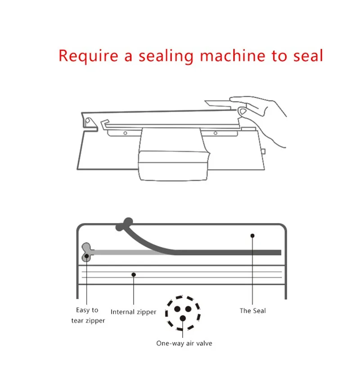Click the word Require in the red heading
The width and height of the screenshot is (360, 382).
tap(88, 56)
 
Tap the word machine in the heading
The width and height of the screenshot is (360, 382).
tap(232, 55)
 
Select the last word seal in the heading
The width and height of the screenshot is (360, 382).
tap(308, 55)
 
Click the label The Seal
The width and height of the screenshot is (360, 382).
tap(252, 310)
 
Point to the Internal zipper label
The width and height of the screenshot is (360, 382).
tap(133, 312)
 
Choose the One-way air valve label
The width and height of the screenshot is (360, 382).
tap(184, 343)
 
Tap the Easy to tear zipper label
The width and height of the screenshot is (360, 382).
tap(88, 315)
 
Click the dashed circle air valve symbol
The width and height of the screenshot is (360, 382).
tap(183, 313)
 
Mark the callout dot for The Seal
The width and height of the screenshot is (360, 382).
tap(252, 236)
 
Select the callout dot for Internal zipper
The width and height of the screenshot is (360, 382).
tap(134, 274)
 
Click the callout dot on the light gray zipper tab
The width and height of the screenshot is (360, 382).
tap(86, 256)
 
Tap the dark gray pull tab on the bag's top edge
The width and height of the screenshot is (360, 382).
tap(125, 224)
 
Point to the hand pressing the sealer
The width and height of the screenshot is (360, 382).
tap(261, 117)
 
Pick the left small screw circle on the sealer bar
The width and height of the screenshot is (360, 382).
tap(125, 133)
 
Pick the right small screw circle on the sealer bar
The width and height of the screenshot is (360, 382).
tap(215, 133)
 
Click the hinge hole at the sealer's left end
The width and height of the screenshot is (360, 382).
tap(88, 121)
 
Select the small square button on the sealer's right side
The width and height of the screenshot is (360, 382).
tap(263, 152)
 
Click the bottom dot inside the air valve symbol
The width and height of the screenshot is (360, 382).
tap(183, 318)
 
